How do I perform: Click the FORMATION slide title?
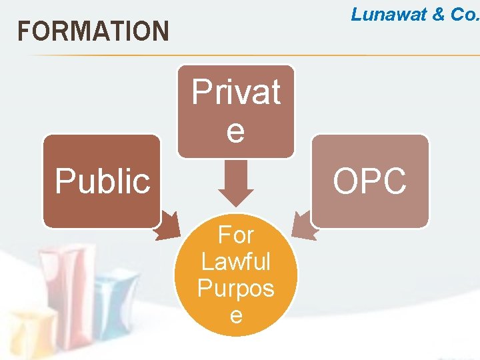pos(93,31)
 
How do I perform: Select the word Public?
pos(103,181)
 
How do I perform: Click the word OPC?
pos(370,181)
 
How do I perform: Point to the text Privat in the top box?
pos(236,92)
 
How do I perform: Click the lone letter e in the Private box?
pos(236,131)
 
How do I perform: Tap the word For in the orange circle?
pos(236,235)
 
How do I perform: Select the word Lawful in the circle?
pos(236,261)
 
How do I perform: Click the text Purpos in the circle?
pos(236,288)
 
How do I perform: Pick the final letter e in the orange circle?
pos(236,314)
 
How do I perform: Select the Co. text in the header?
pos(465,15)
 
